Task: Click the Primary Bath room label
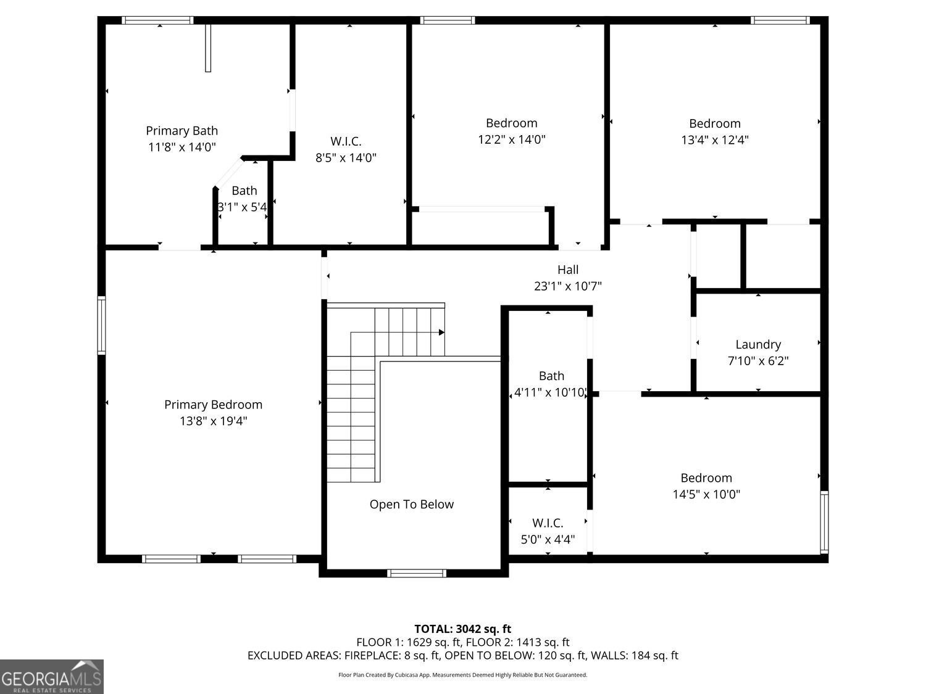tap(182, 131)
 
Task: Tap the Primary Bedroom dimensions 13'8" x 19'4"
tap(214, 421)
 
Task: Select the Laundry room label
tap(758, 345)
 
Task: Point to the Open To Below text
tap(411, 505)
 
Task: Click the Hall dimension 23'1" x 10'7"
tap(568, 286)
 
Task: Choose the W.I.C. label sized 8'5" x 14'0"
tap(346, 141)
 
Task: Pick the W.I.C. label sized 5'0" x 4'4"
tap(548, 523)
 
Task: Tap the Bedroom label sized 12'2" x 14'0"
tap(512, 123)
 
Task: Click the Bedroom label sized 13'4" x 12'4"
tap(715, 123)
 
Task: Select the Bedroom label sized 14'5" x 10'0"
tap(706, 478)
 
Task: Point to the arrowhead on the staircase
tap(441, 333)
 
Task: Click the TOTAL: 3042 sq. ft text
tap(463, 629)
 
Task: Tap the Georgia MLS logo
tap(51, 676)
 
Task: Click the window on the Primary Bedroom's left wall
tap(102, 325)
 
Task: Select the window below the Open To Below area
tap(416, 573)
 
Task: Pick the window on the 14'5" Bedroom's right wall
tap(824, 522)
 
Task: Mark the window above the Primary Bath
tap(158, 20)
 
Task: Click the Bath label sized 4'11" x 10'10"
tap(551, 376)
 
